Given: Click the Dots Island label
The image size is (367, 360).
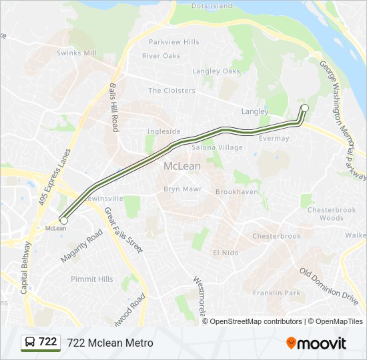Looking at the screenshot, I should point(212,6).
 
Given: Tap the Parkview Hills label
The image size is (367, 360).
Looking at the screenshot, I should point(174,42).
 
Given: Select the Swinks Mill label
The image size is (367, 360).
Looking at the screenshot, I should point(77,53).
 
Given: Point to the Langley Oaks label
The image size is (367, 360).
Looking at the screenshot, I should point(216,71).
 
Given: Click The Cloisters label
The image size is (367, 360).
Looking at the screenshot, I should point(171,91).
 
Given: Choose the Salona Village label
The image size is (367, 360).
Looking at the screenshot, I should point(218,147).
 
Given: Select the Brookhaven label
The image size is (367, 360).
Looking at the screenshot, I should point(236,192).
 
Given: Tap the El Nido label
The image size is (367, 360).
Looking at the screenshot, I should point(226,253).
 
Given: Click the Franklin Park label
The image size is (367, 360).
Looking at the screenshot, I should point(276,293).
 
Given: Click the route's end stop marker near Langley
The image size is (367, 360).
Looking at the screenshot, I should point(305,108).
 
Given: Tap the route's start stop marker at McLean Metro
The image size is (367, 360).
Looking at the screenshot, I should point(64,219).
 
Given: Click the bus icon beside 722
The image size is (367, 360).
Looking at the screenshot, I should point(30,342).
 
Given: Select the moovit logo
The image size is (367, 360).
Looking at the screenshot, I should point(316,343).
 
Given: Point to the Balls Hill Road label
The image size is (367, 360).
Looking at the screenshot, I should point(114,107).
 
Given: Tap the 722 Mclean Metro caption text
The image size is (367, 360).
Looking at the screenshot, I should point(110,343).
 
